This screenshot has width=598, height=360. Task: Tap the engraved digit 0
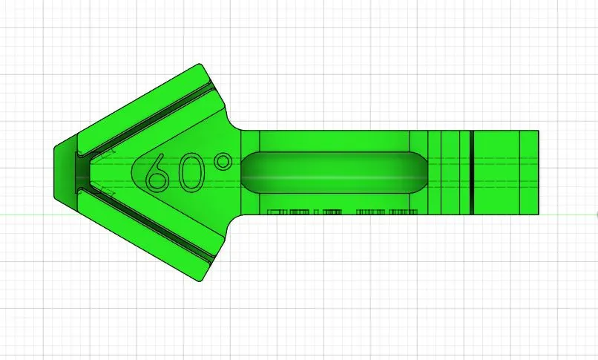pos(190,172)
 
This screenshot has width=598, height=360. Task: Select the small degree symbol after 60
pos(221,161)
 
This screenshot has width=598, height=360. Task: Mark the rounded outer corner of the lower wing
pos(199,278)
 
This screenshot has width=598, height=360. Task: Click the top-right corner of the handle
pos(537,131)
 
